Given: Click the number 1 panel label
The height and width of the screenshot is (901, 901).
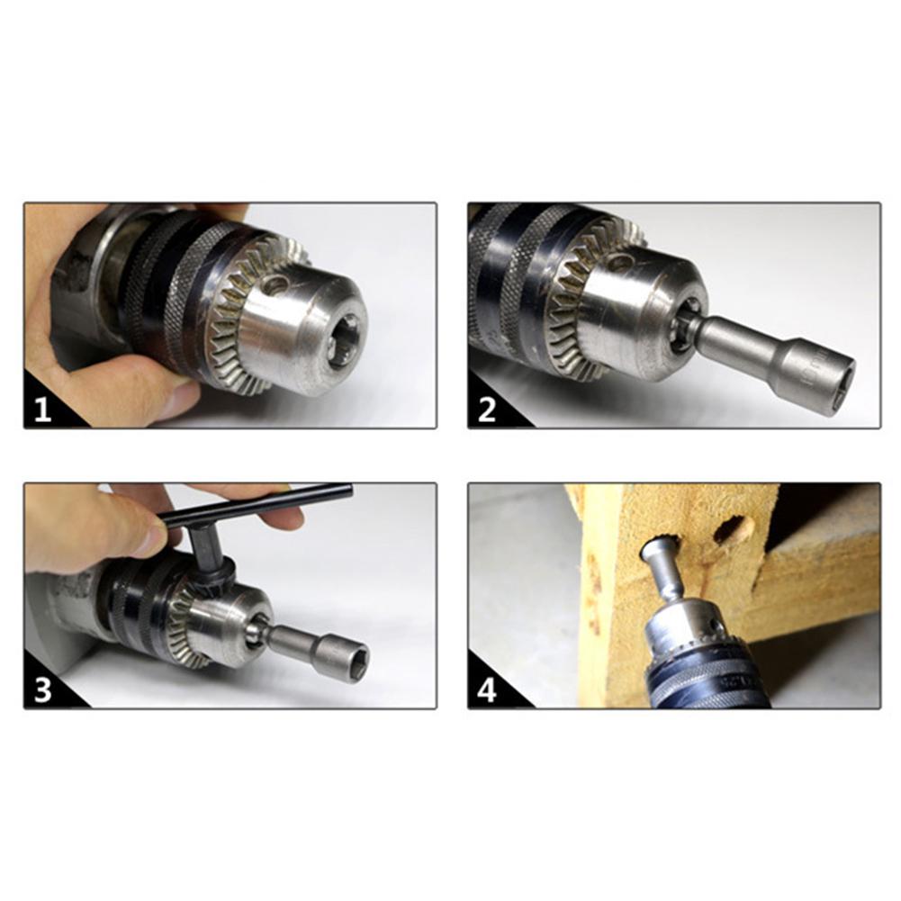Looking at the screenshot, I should [42, 410].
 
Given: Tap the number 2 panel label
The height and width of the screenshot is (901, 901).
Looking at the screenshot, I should [487, 410].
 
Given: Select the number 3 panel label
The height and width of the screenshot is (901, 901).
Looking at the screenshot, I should [42, 690].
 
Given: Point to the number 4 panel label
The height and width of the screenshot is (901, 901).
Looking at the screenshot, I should [487, 690].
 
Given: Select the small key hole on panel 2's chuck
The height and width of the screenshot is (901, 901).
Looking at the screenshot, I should [622, 263].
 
